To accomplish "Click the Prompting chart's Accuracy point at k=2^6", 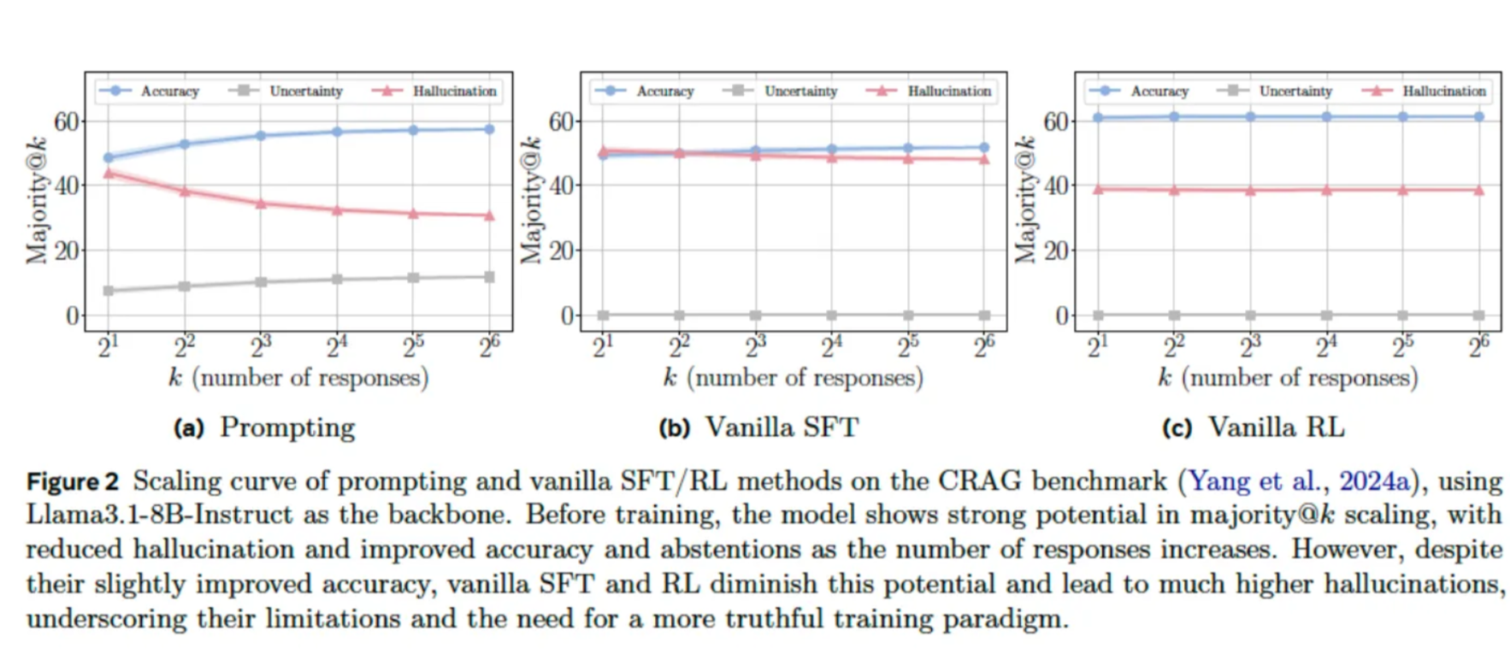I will point(489,129).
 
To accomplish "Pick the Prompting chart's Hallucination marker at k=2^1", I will point(109,174).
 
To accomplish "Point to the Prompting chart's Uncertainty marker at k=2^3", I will point(261,281).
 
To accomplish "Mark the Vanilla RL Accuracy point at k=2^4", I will point(1326,116).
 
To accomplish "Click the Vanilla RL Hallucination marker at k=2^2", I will point(1174,190).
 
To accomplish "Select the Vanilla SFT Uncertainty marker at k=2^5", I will point(908,315).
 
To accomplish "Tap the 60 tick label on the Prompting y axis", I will point(67,121).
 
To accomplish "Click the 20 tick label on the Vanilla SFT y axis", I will point(562,250).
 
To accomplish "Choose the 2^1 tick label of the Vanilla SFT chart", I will point(603,346).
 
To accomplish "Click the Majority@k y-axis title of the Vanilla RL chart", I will point(1024,200).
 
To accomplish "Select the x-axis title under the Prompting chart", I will point(298,377).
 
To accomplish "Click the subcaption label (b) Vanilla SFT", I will point(758,427).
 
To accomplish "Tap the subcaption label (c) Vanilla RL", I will point(1253,427).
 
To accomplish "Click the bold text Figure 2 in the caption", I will point(73,481).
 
